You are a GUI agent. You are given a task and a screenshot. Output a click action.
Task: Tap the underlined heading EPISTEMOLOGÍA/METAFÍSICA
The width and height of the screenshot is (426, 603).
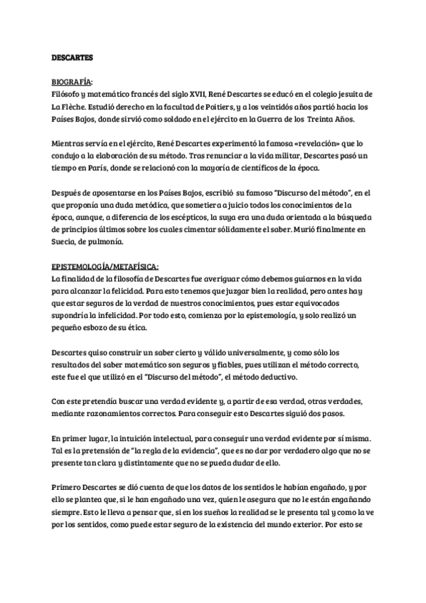[x=105, y=265]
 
